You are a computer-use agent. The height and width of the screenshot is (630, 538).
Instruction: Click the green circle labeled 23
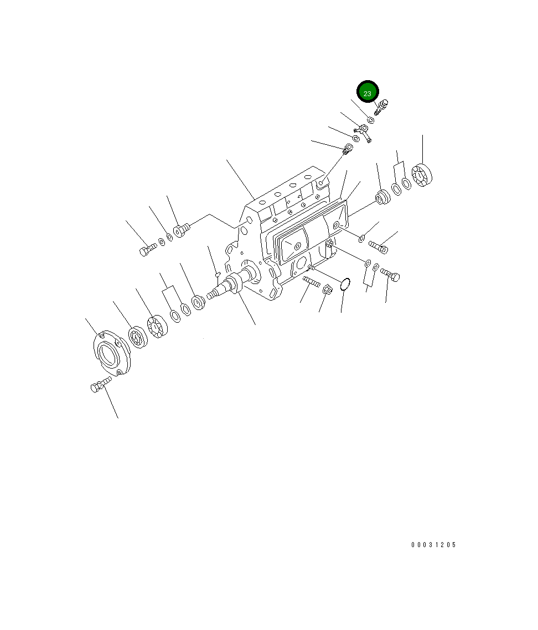(x=368, y=93)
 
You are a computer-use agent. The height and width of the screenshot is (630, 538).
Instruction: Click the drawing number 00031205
(x=433, y=545)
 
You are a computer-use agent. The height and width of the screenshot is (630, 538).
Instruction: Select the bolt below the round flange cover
(x=97, y=386)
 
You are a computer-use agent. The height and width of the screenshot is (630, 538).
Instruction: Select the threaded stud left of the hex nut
(x=311, y=282)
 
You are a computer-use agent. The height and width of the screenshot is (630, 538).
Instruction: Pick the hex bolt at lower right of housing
(x=391, y=274)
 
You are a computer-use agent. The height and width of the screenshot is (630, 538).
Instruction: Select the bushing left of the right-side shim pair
(x=381, y=196)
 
